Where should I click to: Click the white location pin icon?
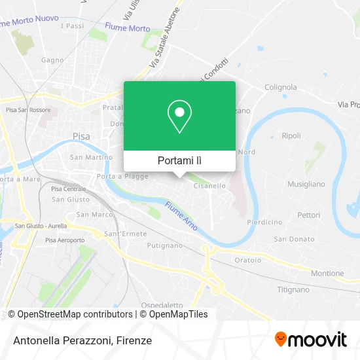(x=179, y=117)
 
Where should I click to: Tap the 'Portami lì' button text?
(x=179, y=160)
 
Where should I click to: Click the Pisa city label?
(x=81, y=137)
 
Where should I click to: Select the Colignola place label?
(x=281, y=87)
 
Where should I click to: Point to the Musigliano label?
(x=306, y=185)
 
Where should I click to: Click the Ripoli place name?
(x=291, y=136)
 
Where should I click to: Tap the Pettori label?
(x=308, y=215)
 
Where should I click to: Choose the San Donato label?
(x=294, y=239)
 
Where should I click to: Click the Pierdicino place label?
(x=265, y=223)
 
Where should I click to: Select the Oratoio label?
(x=248, y=259)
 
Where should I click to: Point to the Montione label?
(x=327, y=274)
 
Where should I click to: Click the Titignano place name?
(x=293, y=289)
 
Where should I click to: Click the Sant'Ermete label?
(x=120, y=234)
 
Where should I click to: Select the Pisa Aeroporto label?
(x=65, y=240)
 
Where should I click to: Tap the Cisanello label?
(x=209, y=186)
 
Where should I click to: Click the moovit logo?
(x=311, y=340)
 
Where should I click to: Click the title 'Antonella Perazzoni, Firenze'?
(x=82, y=340)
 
